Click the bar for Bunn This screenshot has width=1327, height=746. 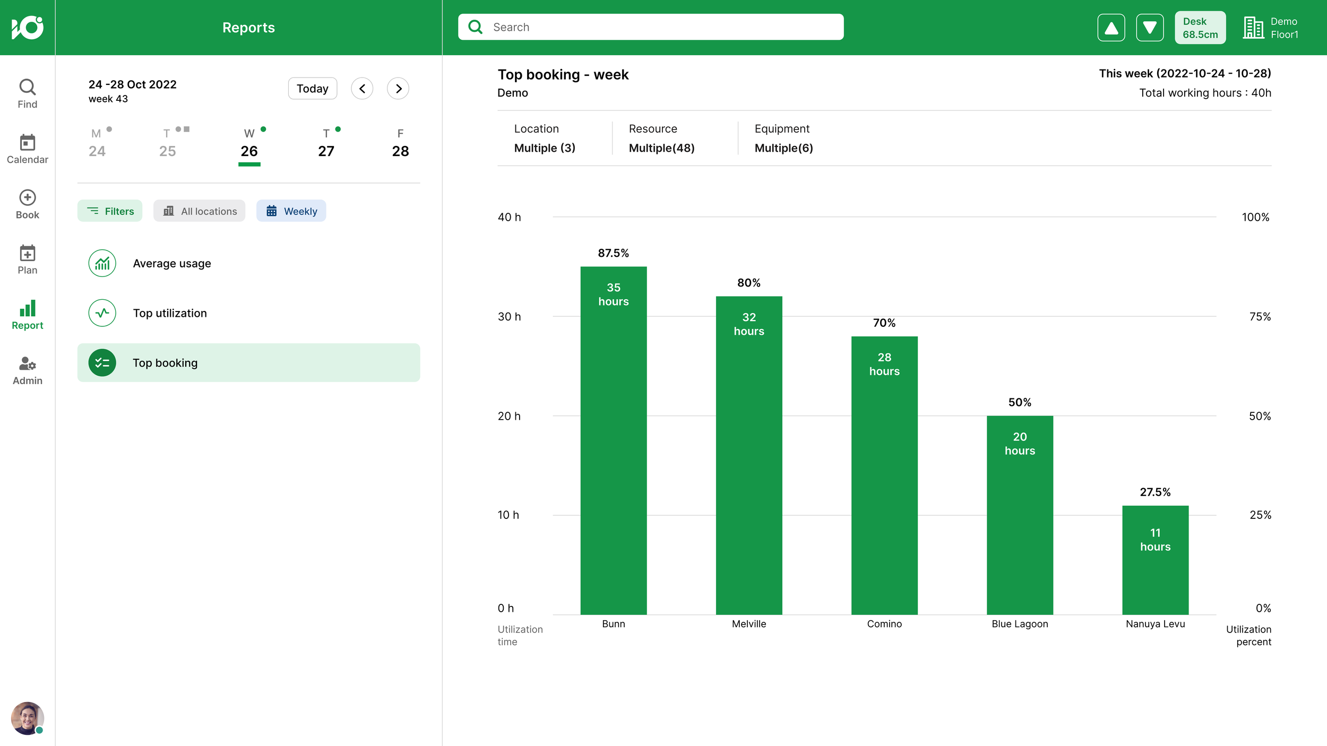pyautogui.click(x=613, y=440)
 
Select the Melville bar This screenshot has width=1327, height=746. pyautogui.click(x=749, y=455)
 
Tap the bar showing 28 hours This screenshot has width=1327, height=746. pyautogui.click(x=884, y=475)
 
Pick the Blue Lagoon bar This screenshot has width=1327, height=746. pyautogui.click(x=1020, y=515)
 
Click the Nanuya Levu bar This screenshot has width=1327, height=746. pyautogui.click(x=1155, y=560)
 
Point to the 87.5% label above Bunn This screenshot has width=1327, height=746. pyautogui.click(x=613, y=253)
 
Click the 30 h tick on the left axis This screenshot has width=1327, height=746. pyautogui.click(x=509, y=317)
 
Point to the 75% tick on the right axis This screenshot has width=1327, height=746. pyautogui.click(x=1260, y=317)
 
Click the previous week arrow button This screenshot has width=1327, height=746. pyautogui.click(x=362, y=89)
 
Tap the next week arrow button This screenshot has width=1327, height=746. pyautogui.click(x=398, y=89)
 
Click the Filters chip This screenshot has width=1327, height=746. pyautogui.click(x=110, y=211)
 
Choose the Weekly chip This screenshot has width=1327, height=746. pyautogui.click(x=291, y=211)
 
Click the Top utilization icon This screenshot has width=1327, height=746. pyautogui.click(x=102, y=313)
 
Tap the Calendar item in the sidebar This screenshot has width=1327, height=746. pyautogui.click(x=28, y=149)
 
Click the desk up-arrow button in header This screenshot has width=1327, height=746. pyautogui.click(x=1111, y=28)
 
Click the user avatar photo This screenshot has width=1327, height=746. pyautogui.click(x=28, y=718)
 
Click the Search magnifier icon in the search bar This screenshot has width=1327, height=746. pyautogui.click(x=476, y=27)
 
